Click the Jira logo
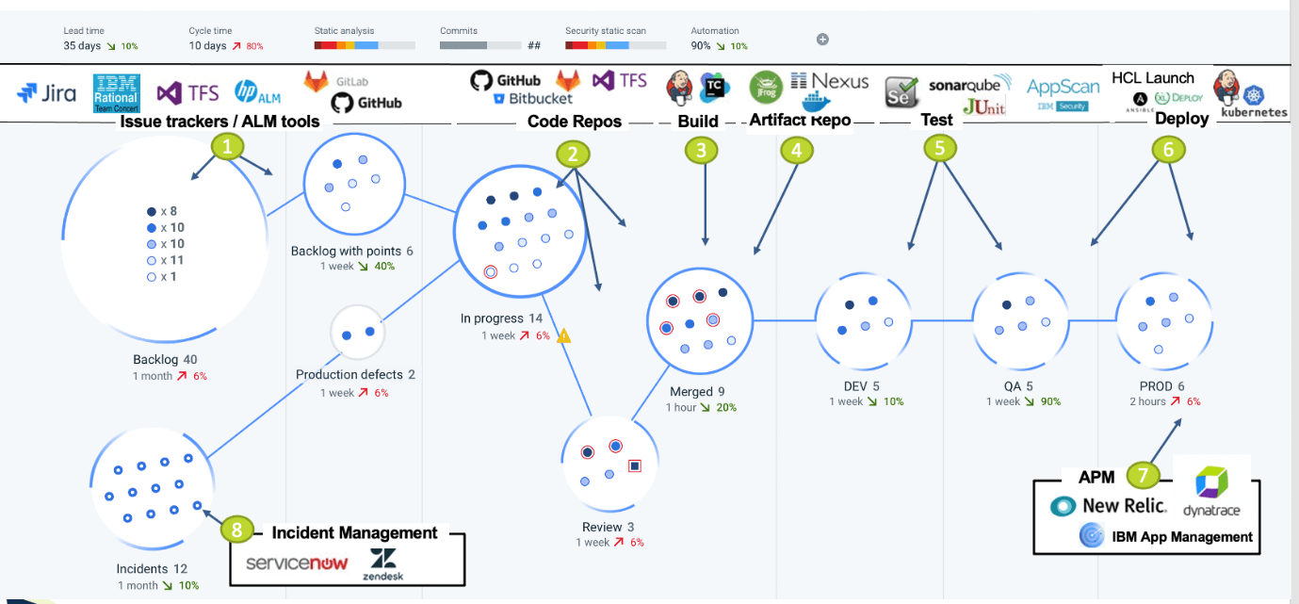[47, 92]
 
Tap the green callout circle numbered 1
[226, 147]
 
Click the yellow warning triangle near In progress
[564, 335]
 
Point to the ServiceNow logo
[297, 563]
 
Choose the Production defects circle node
[358, 333]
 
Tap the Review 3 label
[608, 527]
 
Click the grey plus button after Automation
[822, 40]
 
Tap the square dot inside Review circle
[635, 465]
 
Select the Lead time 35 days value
[82, 45]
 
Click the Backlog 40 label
[165, 360]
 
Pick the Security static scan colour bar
[615, 45]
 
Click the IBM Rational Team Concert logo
[117, 93]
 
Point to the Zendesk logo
[382, 563]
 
